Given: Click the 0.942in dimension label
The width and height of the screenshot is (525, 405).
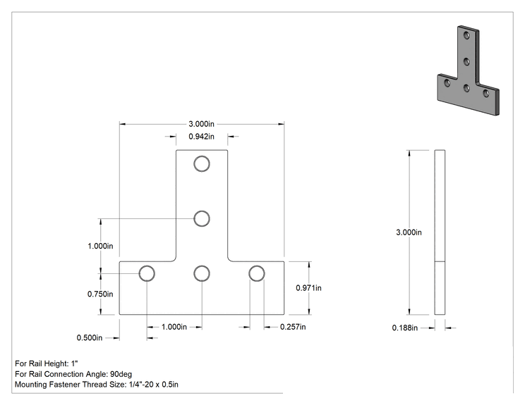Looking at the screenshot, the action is pos(201,137).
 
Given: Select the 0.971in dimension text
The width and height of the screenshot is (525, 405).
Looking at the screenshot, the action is pos(308,287).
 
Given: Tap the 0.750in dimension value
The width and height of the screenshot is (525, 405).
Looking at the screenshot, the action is pos(100,294).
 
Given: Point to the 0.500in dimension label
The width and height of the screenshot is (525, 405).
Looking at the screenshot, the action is pos(90,338).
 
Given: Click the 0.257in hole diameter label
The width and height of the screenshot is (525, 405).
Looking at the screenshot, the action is pos(293,327).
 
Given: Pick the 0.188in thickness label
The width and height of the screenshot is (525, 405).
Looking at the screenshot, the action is pos(405,328).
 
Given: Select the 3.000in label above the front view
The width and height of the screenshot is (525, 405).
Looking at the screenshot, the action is pos(201,124).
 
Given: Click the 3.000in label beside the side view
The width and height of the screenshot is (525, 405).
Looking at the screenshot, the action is pos(409,232).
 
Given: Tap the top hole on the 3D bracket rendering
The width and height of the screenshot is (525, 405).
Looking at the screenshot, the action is pos(466,35).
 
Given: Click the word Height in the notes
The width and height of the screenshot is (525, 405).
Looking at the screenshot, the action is pos(57,363).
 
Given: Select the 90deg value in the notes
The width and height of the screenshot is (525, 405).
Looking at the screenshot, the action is pos(121,374).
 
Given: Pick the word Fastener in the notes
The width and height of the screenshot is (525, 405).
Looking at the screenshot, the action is pos(65,385).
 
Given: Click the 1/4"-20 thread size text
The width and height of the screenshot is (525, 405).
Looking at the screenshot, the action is pos(141,385).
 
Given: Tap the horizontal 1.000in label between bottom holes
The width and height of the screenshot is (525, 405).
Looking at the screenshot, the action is pos(174,327).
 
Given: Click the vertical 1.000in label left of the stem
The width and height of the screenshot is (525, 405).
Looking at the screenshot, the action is pos(100,246).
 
